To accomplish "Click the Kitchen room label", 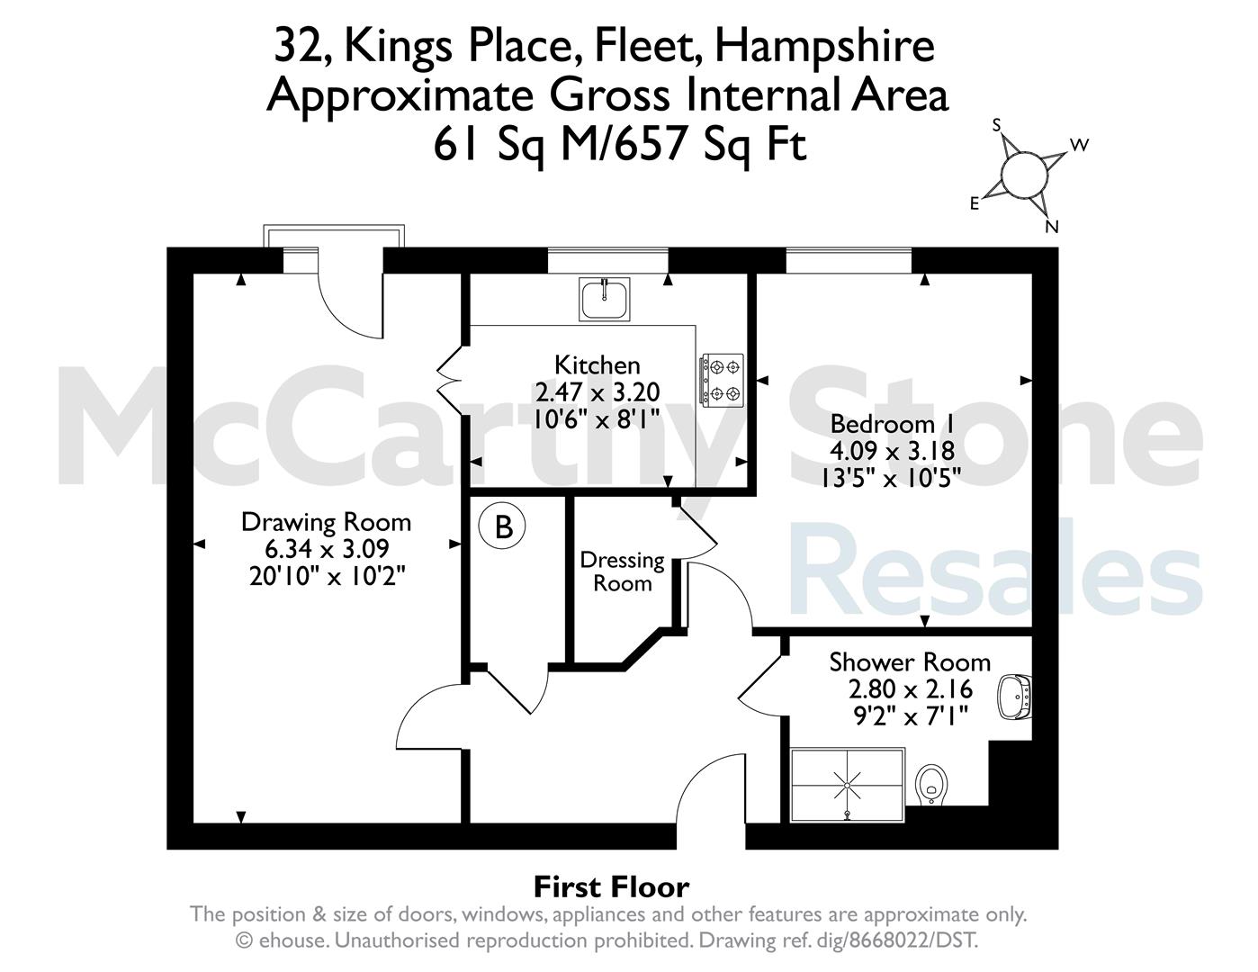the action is [x=597, y=365].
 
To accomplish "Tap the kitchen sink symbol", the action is [x=604, y=299].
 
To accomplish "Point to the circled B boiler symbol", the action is [x=502, y=527].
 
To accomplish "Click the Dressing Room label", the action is [x=623, y=571].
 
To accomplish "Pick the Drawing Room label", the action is [x=326, y=522].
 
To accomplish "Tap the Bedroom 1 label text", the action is [x=892, y=424].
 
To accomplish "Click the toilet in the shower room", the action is [x=931, y=784].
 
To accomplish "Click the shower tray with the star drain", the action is [x=848, y=785].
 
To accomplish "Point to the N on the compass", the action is [x=1051, y=227].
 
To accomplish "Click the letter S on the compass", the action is [x=997, y=125].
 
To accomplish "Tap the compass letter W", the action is [x=1079, y=145].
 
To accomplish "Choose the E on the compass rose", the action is [x=975, y=203].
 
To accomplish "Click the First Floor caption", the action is [x=611, y=886].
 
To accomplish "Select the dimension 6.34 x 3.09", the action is [x=327, y=548].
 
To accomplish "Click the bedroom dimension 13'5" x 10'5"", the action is [x=891, y=478].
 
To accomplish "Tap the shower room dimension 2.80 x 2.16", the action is [x=911, y=688].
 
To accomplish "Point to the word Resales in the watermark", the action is [x=996, y=568].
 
